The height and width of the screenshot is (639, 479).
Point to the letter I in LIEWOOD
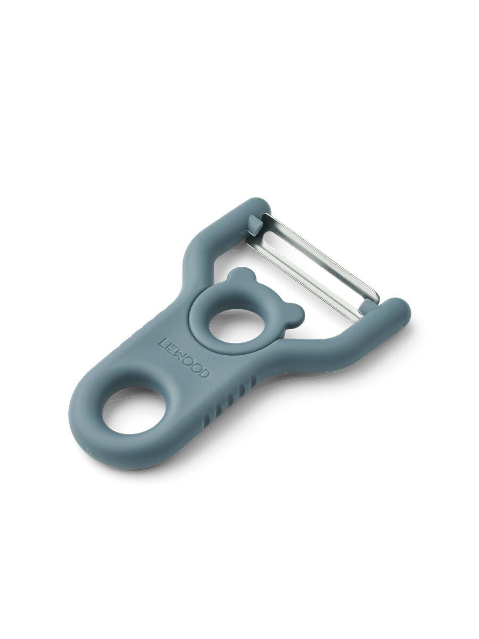(x=168, y=345)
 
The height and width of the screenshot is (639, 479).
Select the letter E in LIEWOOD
(x=172, y=349)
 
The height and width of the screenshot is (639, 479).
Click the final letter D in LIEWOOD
(x=205, y=373)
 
